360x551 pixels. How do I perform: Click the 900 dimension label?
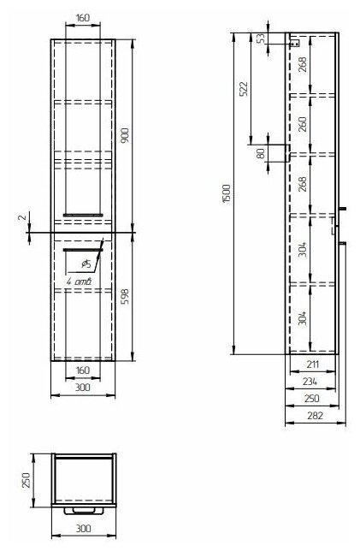[x=125, y=136]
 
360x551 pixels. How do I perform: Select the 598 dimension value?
[x=125, y=296]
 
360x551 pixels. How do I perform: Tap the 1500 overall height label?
[x=227, y=193]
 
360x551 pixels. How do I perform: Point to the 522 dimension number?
[x=244, y=89]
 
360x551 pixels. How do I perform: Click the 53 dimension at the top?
[x=261, y=39]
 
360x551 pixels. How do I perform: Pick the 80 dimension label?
[x=261, y=153]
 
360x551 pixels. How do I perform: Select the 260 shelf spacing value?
[x=303, y=124]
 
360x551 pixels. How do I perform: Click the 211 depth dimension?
[x=312, y=364]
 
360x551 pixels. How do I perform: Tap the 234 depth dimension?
[x=310, y=382]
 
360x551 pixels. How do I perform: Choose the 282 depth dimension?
[x=315, y=415]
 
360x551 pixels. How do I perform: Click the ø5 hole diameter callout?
[x=86, y=264]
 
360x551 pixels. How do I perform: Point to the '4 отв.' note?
[x=79, y=281]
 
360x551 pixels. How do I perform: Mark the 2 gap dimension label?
[x=22, y=217]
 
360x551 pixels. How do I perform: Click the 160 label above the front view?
[x=83, y=18]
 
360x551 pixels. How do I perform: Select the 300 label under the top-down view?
[x=83, y=528]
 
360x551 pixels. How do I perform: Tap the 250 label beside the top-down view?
[x=27, y=480]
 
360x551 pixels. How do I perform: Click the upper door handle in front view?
[x=83, y=215]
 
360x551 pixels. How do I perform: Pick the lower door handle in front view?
[x=83, y=250]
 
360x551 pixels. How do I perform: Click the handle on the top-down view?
[x=84, y=511]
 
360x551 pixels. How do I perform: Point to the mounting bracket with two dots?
[x=295, y=44]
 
